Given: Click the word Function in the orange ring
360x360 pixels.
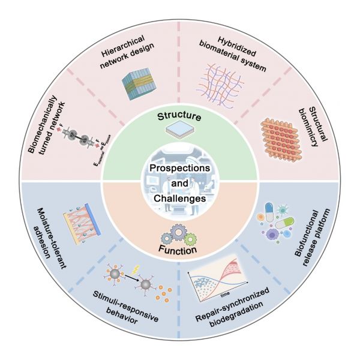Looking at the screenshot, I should [x=179, y=247].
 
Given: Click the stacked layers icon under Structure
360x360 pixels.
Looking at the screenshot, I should [x=179, y=128].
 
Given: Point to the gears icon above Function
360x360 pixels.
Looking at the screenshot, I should [x=179, y=230].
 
